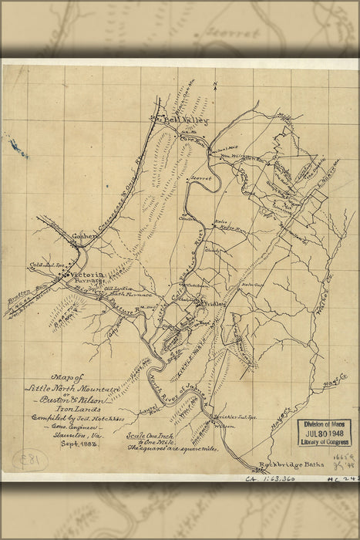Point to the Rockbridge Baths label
pyautogui.click(x=287, y=464)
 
